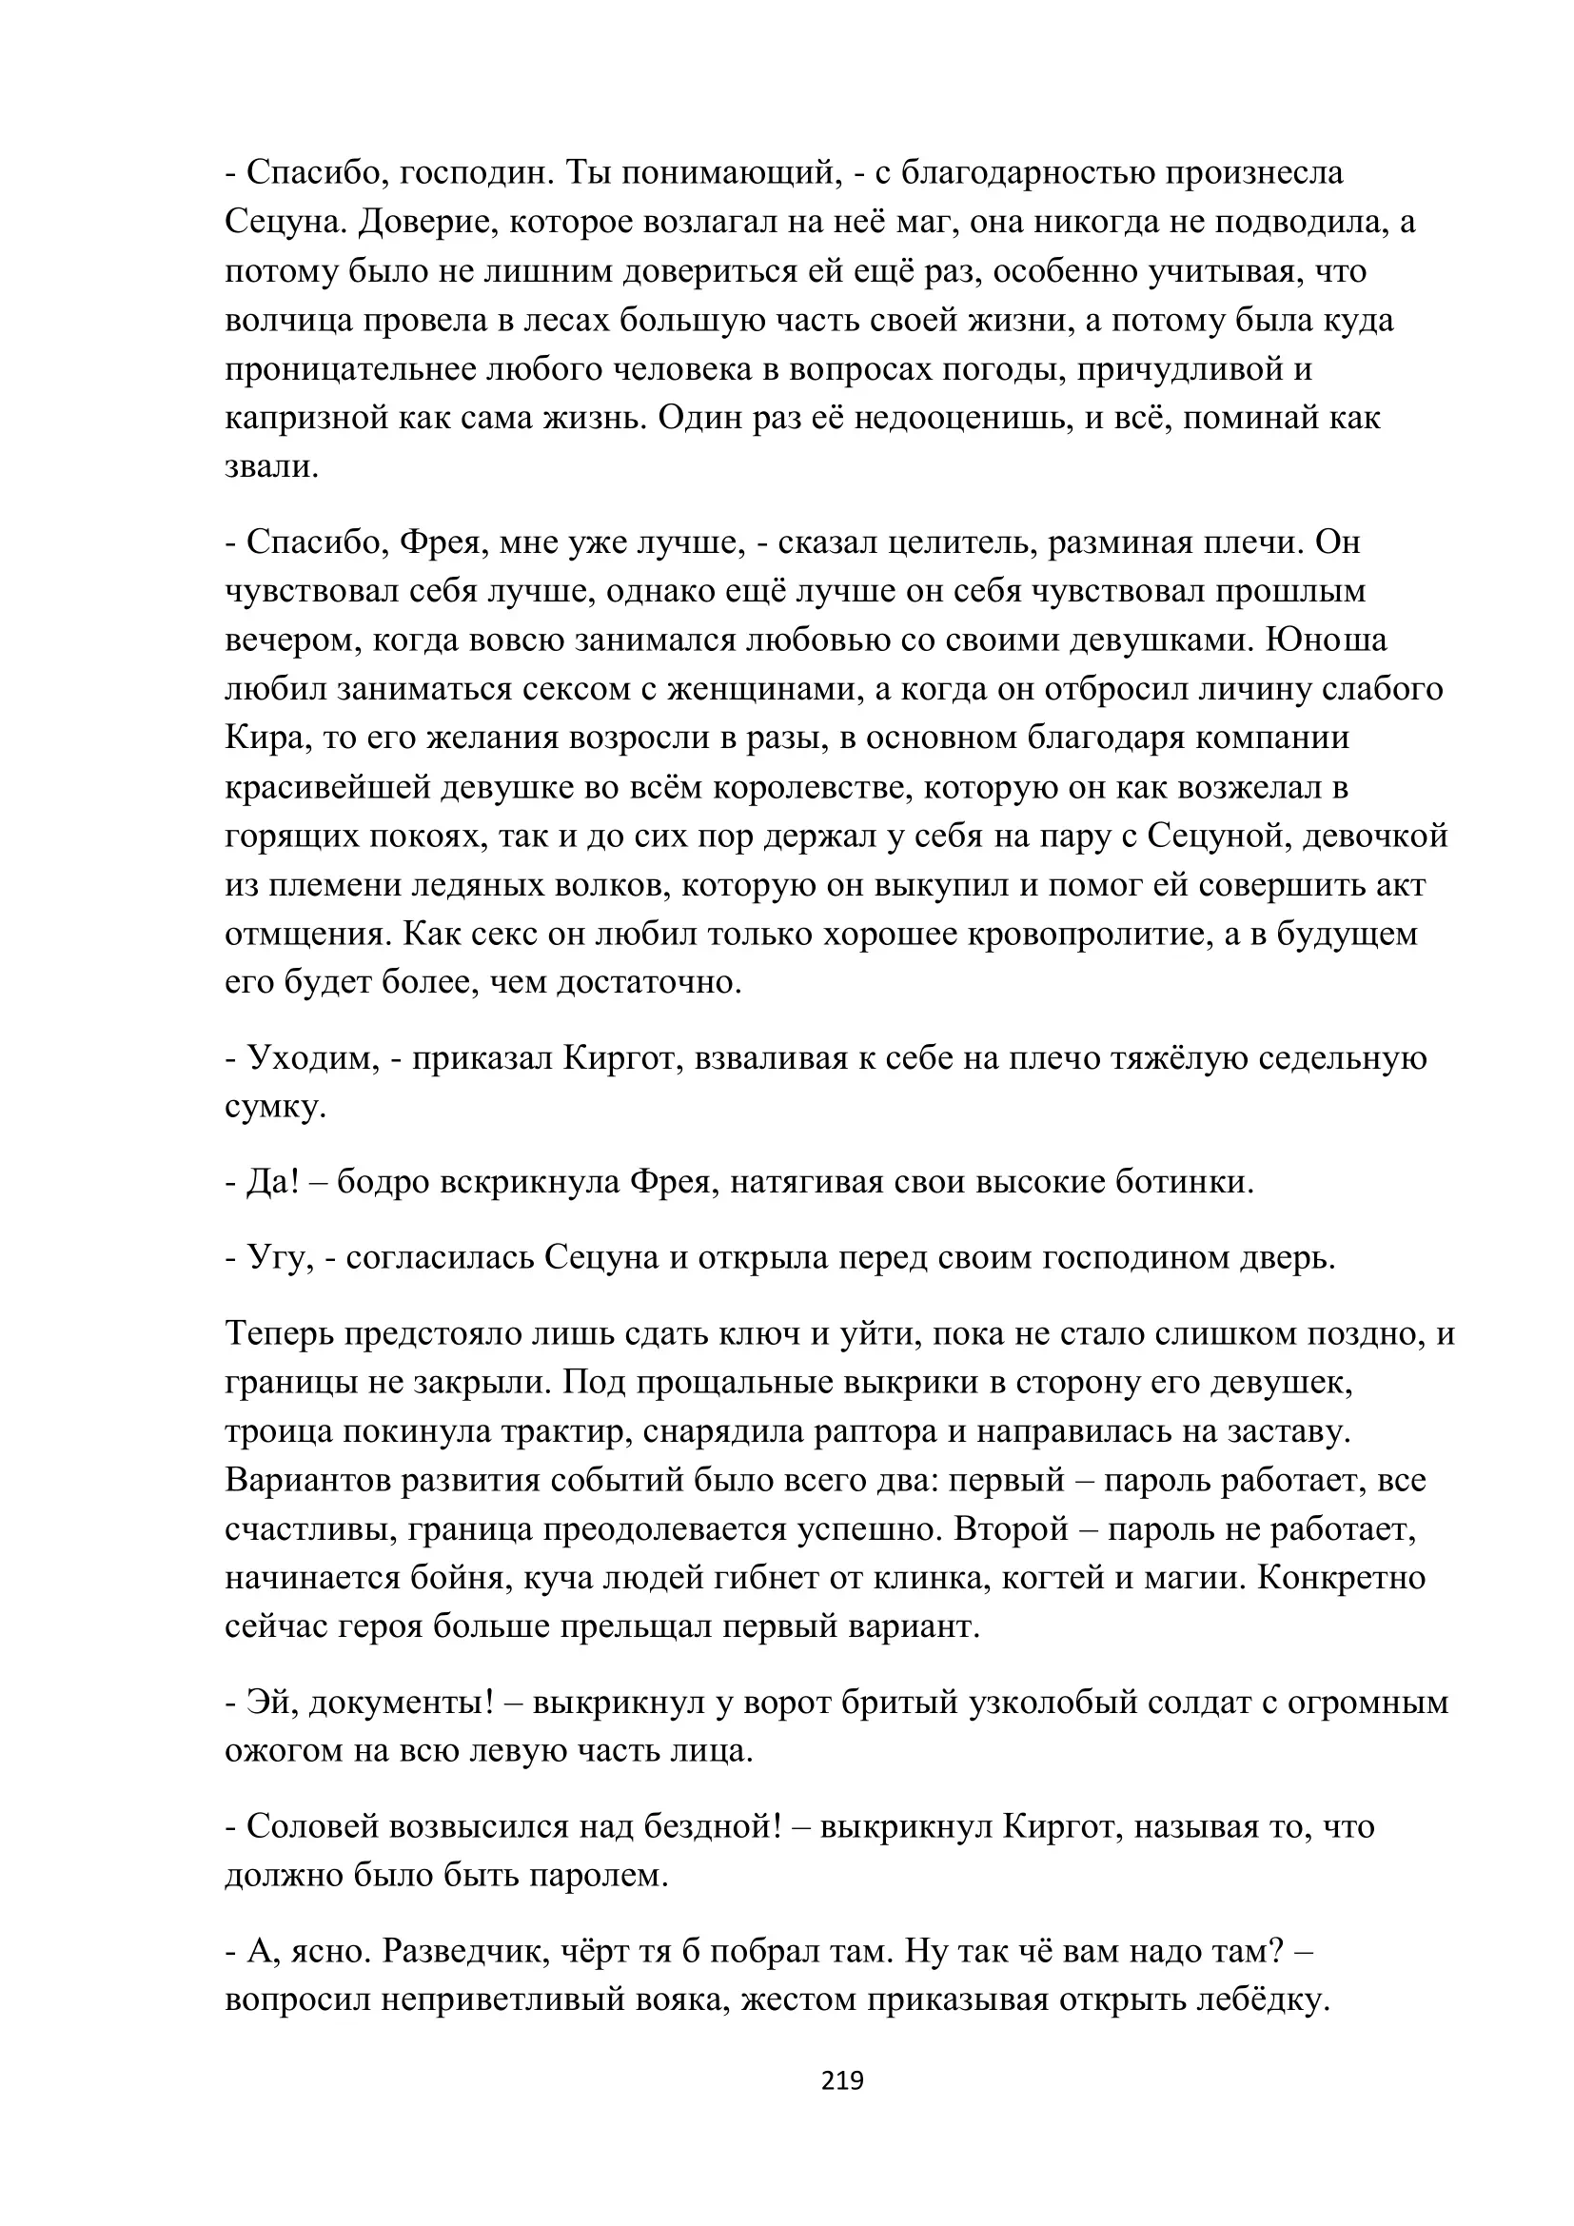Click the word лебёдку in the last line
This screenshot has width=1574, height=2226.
pos(1258,2000)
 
